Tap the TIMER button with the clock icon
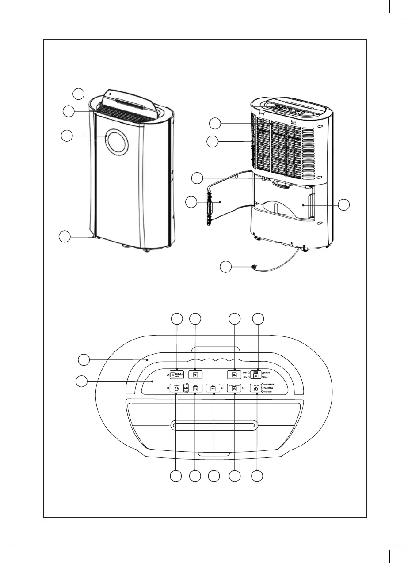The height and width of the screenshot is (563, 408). (x=176, y=389)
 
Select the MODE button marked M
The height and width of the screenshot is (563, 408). (x=255, y=374)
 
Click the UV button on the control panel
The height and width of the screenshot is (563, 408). (x=213, y=389)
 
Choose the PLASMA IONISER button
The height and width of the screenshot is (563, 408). (x=234, y=389)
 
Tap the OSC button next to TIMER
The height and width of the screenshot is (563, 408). (x=195, y=389)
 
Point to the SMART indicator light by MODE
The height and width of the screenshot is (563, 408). (x=263, y=372)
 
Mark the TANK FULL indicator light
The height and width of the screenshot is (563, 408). (x=263, y=388)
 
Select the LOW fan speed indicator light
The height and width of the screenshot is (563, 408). (x=249, y=377)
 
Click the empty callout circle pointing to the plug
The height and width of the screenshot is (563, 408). (x=226, y=267)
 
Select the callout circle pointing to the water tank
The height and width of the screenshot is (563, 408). (x=344, y=204)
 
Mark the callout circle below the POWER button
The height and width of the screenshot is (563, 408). (x=256, y=476)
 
